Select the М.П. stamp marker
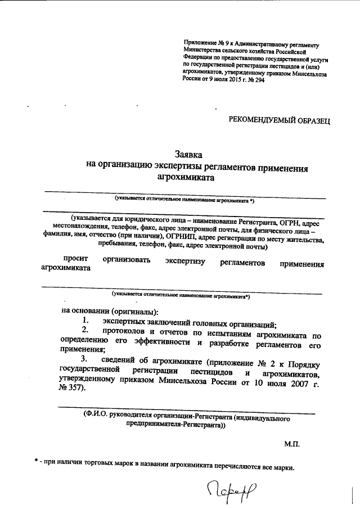pos(292,444)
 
